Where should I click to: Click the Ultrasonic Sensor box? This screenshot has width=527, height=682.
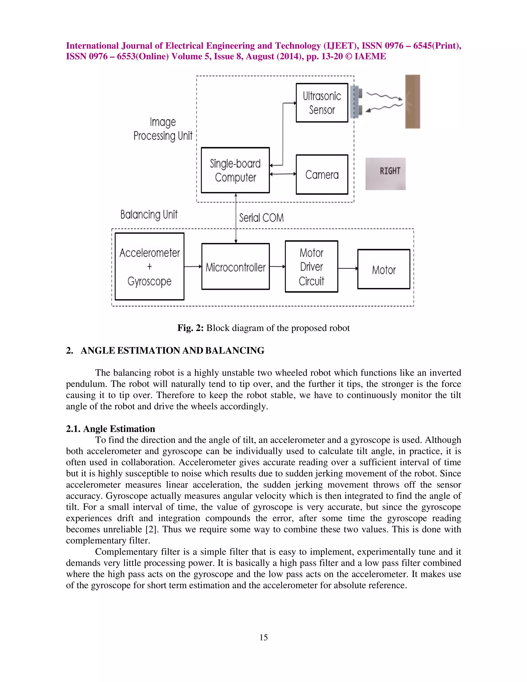322,103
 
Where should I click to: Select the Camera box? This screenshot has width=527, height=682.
322,174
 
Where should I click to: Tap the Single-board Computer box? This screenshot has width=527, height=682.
235,170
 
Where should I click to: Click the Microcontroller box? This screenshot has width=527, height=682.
235,267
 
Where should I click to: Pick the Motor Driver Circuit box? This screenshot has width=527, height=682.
311,267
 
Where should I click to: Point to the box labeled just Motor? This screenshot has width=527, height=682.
384,269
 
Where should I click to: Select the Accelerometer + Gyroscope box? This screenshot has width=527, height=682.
150,267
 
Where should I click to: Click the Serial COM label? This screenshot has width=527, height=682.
261,218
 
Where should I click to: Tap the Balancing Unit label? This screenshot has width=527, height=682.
149,215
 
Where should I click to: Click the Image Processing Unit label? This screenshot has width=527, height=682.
163,129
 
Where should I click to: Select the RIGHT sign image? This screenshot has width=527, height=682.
385,174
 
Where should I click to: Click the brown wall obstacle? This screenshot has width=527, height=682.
412,101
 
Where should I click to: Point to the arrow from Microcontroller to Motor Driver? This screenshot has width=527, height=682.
277,266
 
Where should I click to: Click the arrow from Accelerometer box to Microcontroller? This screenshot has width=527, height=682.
193,266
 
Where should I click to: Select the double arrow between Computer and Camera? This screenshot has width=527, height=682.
283,174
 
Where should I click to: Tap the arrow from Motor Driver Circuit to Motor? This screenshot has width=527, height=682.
347,268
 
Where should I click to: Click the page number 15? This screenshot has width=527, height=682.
263,637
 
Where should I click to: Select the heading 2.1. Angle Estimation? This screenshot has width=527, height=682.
110,429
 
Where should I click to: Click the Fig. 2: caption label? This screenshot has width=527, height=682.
190,328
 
